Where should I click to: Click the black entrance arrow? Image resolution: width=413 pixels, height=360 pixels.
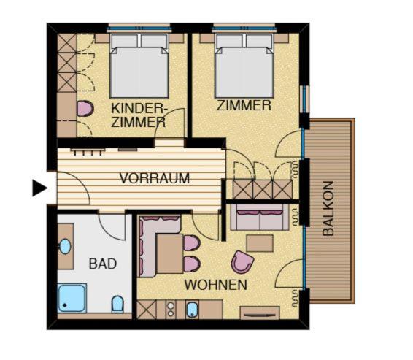(39, 188)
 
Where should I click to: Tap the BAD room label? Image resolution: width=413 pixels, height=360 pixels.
(103, 264)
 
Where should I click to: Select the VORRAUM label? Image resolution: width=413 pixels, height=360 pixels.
(155, 178)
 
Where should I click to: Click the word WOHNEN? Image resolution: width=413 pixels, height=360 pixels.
(215, 285)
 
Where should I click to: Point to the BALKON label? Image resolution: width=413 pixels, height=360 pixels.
(328, 208)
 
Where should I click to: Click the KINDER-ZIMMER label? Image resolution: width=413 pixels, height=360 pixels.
(139, 115)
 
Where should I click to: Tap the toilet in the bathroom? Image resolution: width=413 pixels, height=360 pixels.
(117, 304)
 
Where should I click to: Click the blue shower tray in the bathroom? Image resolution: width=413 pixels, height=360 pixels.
(72, 298)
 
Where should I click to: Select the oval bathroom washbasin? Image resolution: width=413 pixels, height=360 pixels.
(66, 246)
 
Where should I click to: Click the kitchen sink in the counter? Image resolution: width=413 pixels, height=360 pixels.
(193, 310)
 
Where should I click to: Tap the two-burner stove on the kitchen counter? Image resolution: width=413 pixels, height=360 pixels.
(171, 310)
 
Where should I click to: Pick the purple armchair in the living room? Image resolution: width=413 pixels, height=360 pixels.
(242, 262)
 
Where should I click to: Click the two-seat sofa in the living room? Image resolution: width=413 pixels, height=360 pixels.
(260, 217)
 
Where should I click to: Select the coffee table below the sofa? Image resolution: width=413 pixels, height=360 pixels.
(260, 243)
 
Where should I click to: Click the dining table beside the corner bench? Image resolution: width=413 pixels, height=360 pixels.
(170, 253)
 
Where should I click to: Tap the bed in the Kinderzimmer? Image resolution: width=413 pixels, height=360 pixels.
(139, 66)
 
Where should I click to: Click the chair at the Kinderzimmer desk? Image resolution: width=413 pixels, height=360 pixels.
(85, 108)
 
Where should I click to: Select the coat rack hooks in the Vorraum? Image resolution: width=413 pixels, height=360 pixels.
(88, 152)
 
